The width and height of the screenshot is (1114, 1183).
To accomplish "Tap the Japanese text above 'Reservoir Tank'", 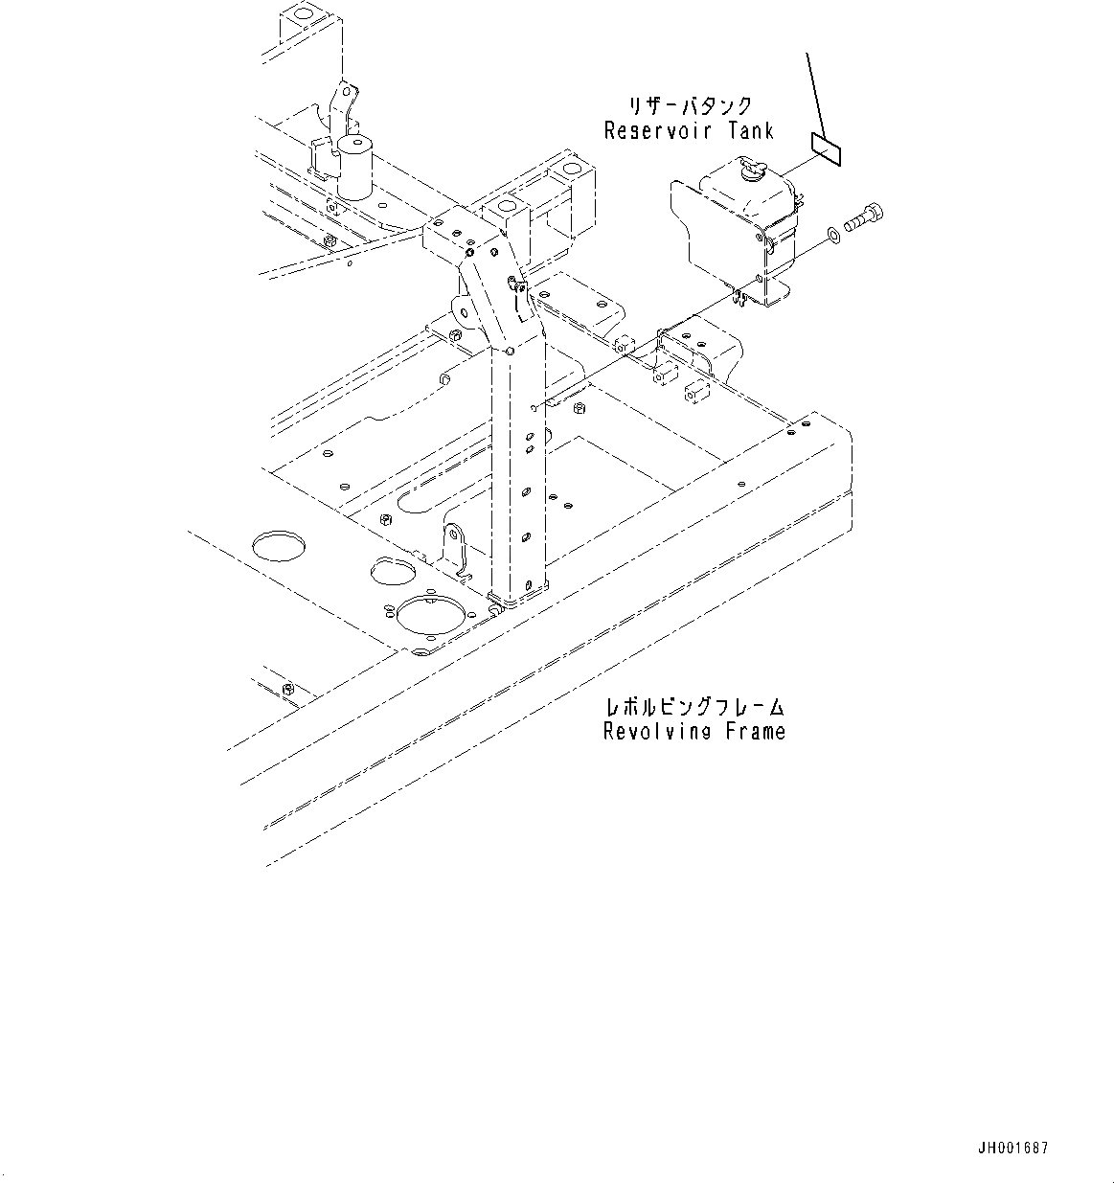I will point(690,106).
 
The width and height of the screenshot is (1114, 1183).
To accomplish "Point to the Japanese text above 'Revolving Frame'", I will point(695,708).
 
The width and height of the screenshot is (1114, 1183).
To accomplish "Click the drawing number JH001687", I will point(1013,1148).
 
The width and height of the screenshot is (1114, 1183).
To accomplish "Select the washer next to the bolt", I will point(833,235).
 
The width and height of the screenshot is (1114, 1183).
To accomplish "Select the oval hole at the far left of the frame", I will point(280,545).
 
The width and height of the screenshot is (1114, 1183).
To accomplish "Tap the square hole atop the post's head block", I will point(502,208).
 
